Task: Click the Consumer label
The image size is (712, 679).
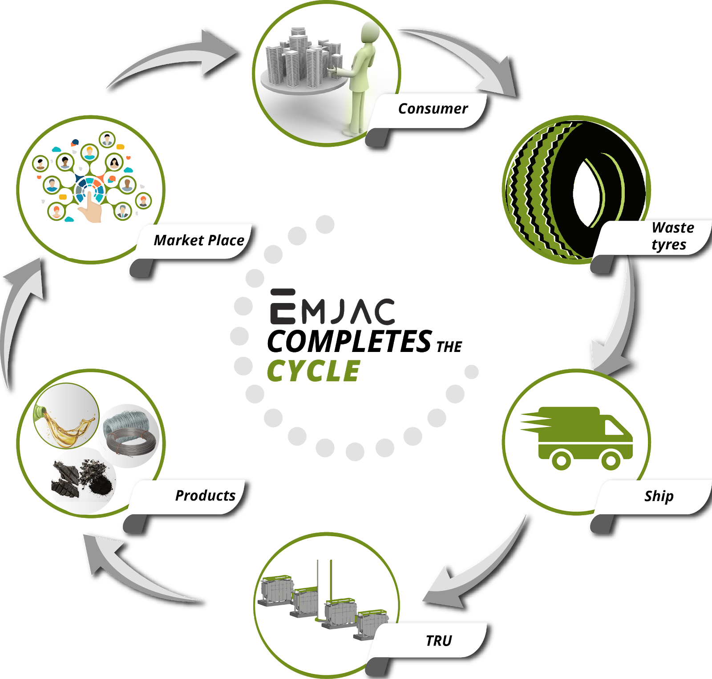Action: (433, 109)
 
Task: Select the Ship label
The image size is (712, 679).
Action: (659, 496)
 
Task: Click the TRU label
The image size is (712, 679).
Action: (438, 641)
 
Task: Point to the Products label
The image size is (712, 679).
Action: (205, 495)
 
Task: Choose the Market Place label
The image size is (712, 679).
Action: (199, 240)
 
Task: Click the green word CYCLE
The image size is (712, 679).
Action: (313, 371)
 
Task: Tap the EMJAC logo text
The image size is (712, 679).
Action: (332, 308)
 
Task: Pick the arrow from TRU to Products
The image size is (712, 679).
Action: (133, 570)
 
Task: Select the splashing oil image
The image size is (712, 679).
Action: (67, 416)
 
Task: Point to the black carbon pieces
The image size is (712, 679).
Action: (82, 478)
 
